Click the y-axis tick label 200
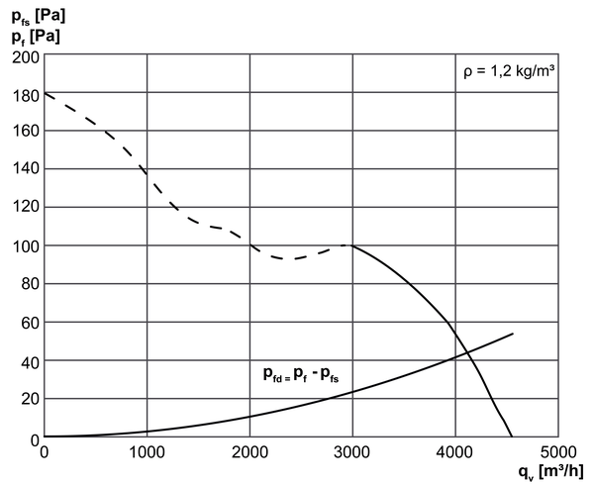click(26, 57)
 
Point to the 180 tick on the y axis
click(26, 96)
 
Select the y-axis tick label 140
click(26, 168)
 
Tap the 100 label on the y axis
click(26, 246)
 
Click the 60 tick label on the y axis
click(31, 323)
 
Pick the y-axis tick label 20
click(31, 399)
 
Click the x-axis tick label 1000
click(147, 452)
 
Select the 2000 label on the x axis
click(249, 452)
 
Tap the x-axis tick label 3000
click(351, 452)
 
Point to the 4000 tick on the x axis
click(454, 452)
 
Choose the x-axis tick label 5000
click(558, 452)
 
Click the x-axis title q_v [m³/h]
click(551, 472)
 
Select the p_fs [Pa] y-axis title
click(39, 17)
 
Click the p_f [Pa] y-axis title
click(36, 38)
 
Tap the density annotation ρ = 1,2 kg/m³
click(509, 71)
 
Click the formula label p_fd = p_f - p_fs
click(301, 374)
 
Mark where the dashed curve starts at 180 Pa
click(45, 92)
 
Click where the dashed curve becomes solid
click(352, 245)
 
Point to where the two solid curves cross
click(467, 352)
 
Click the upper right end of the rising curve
click(513, 334)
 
